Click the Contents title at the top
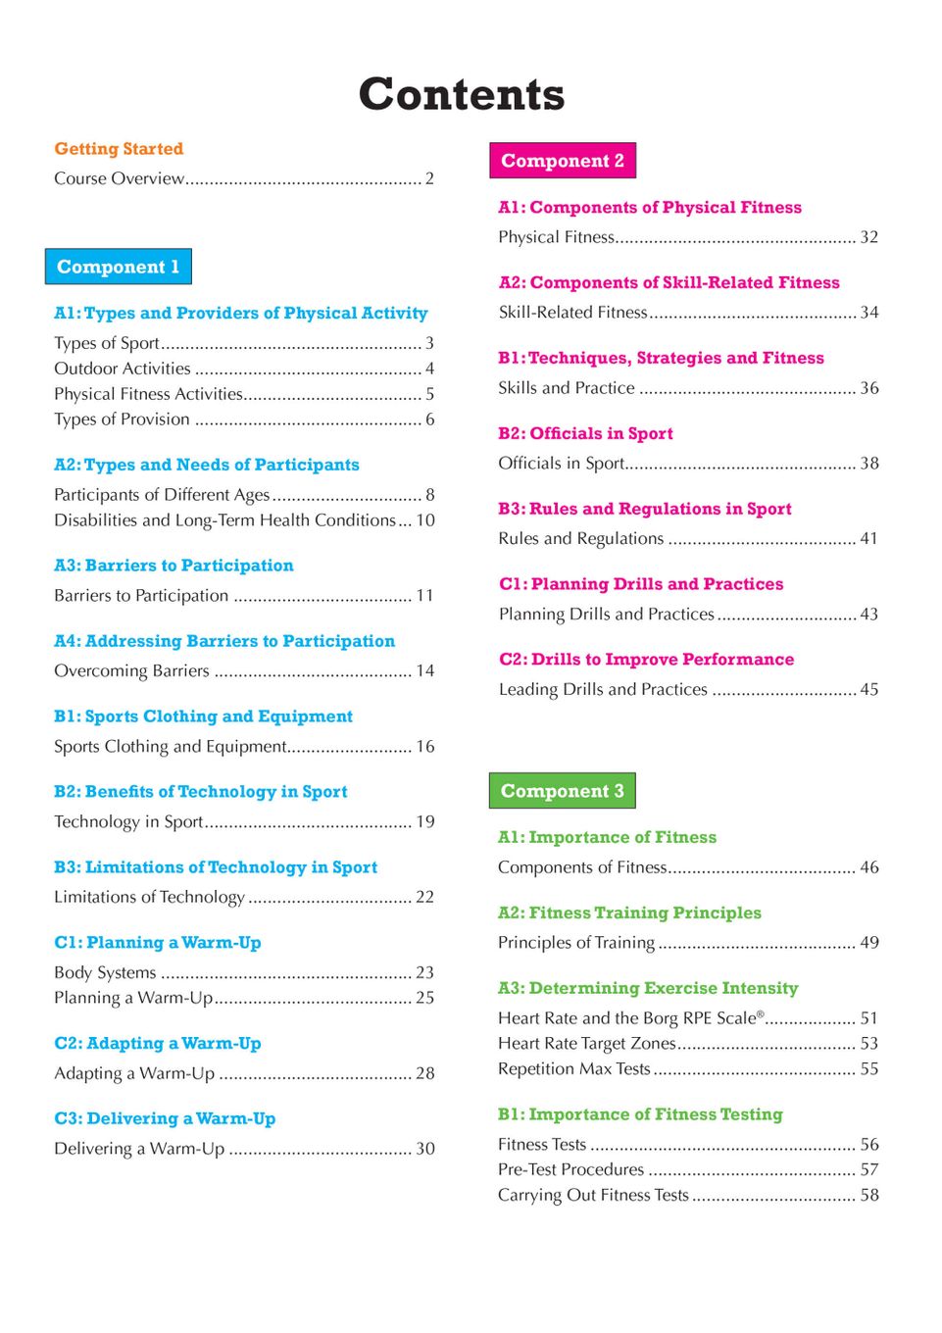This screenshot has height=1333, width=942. tap(461, 95)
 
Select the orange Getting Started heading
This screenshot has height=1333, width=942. tap(119, 149)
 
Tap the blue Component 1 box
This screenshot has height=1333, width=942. tap(118, 267)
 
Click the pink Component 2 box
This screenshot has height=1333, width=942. tap(563, 161)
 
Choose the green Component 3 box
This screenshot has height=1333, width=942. tap(562, 791)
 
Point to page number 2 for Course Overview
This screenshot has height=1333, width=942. tap(429, 178)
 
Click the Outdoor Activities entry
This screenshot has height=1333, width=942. tap(123, 369)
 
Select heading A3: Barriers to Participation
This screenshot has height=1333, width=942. tap(174, 566)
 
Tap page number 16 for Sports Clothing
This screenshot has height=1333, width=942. tap(425, 746)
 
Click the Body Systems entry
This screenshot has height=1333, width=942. tap(105, 972)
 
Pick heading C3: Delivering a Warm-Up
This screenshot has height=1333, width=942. tap(165, 1118)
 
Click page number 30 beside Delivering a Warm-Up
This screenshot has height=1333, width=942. tap(425, 1149)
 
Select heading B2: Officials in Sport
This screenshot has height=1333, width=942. tap(585, 433)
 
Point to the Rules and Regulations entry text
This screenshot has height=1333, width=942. tap(581, 539)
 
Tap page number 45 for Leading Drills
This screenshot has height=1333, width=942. tap(868, 689)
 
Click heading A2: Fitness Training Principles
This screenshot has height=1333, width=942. tap(629, 913)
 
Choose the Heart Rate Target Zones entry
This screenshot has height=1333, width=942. tap(587, 1043)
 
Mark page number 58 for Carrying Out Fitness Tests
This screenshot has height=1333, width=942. tap(869, 1195)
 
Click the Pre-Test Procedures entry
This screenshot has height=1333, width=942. tap(570, 1169)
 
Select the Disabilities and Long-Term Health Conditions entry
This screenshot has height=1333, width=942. tap(224, 520)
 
